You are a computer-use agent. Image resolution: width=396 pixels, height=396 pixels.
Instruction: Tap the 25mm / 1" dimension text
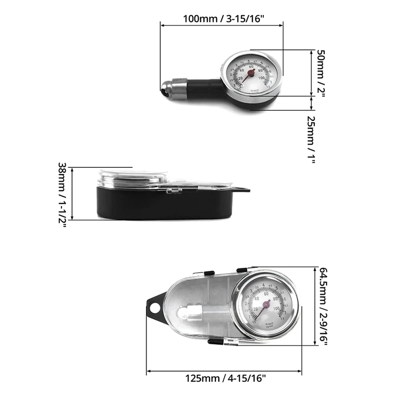click(x=311, y=141)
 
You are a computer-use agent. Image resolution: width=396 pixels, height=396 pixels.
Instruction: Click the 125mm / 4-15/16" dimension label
click(x=226, y=379)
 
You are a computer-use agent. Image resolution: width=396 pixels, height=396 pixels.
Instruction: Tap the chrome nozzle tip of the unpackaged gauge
click(x=165, y=90)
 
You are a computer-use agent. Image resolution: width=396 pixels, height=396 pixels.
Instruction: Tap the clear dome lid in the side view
click(x=133, y=178)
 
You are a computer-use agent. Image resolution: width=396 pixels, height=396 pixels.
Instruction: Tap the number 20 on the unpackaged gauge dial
click(x=241, y=79)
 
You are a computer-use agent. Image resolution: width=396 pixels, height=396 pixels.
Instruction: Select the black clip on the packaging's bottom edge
click(x=215, y=341)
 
